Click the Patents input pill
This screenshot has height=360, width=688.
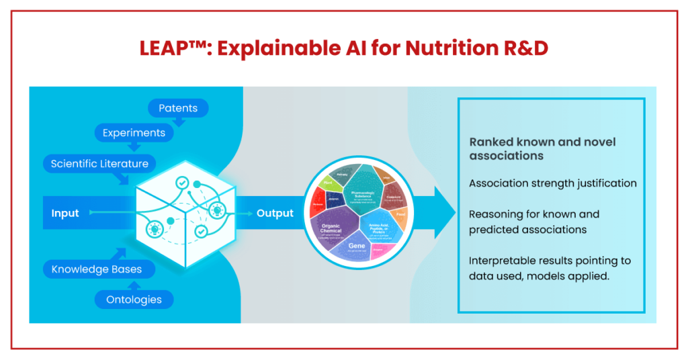tap(177, 108)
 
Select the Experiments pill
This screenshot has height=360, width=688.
tap(134, 133)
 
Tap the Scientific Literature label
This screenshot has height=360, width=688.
tap(99, 163)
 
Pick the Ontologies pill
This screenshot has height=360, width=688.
tap(134, 300)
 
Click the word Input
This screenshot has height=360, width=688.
tap(65, 214)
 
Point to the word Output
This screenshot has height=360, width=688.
tap(275, 214)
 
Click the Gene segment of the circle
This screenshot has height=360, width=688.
tap(357, 246)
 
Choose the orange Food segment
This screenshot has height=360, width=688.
tap(401, 216)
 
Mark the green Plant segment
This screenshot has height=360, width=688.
tap(329, 182)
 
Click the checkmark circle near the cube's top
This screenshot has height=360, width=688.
tap(182, 183)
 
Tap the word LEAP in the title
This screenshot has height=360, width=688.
tap(161, 48)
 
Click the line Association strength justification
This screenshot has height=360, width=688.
tap(552, 183)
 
